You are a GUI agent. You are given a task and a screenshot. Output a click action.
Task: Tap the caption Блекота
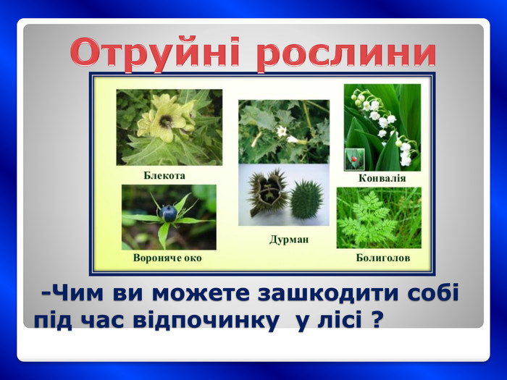tap(164, 176)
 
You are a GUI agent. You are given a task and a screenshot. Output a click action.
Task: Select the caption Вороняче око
tap(167, 258)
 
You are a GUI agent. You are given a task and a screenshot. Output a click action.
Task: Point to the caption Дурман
tap(289, 240)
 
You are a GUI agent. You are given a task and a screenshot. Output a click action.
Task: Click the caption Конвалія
tap(382, 178)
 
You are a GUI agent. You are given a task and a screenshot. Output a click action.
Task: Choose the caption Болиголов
tap(383, 258)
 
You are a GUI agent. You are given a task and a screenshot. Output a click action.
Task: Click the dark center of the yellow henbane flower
tap(166, 122)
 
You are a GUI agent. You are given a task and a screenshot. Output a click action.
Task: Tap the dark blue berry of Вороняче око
tap(169, 214)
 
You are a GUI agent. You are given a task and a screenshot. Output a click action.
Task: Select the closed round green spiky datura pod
tap(306, 199)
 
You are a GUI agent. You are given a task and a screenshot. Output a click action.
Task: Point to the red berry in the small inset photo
tap(354, 159)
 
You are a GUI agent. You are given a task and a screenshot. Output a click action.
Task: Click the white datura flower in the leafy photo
tap(282, 131)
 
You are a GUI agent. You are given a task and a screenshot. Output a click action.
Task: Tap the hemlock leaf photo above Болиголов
tap(379, 218)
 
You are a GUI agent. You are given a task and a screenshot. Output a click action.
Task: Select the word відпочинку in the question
tap(206, 321)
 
